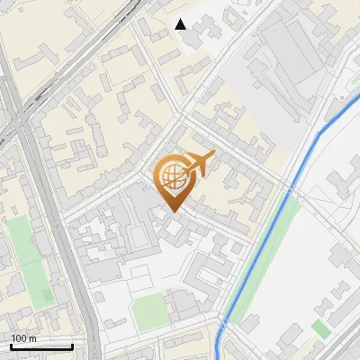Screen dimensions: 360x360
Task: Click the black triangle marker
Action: point(181,24)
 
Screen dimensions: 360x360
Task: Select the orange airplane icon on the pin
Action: point(197,164)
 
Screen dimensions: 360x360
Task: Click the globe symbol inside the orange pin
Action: point(172,178)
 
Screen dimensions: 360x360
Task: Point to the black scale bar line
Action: point(40,346)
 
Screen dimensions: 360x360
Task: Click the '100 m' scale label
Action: point(24,338)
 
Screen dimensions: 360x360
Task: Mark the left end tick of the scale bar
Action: point(10,345)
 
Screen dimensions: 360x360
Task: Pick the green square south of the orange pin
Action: point(149,311)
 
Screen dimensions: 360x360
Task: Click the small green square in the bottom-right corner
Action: point(320,328)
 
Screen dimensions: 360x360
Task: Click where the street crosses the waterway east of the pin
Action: point(290,188)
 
